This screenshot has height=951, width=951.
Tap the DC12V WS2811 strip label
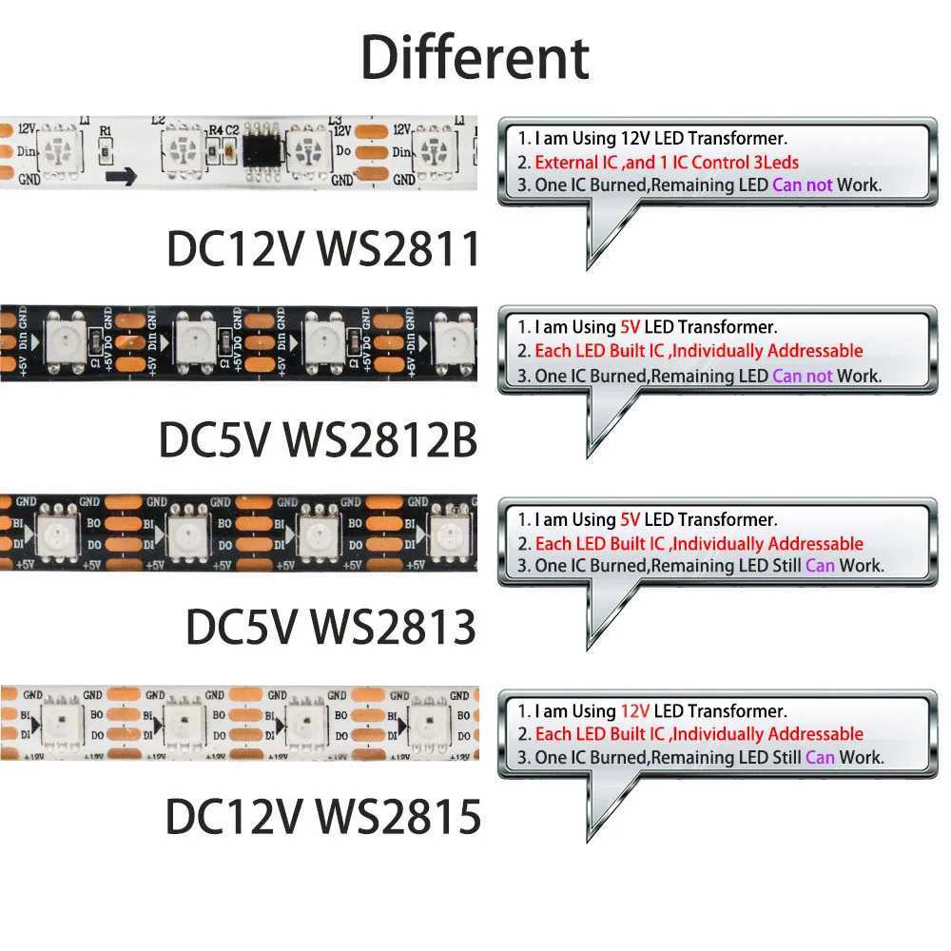click(323, 249)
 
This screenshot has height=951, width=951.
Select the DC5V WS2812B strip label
click(318, 439)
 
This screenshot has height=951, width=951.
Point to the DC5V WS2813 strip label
click(330, 627)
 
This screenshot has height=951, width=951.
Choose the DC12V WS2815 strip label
click(323, 816)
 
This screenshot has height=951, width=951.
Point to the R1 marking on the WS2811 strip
click(106, 133)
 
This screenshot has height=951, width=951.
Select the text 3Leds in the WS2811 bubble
click(775, 163)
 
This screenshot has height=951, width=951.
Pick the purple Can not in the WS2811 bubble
click(803, 185)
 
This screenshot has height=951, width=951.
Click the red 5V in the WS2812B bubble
click(630, 328)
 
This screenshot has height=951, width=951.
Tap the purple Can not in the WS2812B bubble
click(803, 376)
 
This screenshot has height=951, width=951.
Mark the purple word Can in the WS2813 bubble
click(820, 566)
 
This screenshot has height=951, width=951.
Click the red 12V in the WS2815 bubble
click(634, 710)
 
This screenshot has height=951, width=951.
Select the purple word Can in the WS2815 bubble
click(820, 758)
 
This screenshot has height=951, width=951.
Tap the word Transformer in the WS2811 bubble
click(744, 140)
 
